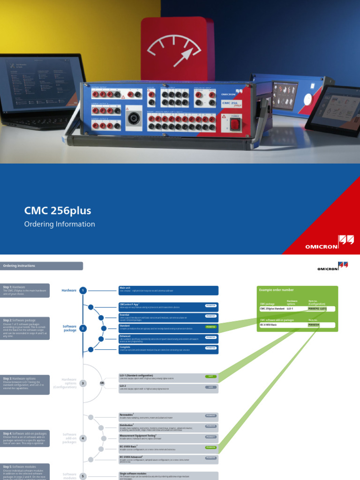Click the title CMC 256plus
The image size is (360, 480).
point(58,210)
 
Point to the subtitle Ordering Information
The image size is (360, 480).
point(60,224)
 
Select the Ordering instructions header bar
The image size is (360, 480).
point(42,266)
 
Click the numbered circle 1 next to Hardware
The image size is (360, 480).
point(83,291)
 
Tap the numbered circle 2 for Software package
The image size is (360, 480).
point(83,328)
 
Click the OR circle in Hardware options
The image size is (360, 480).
point(102,383)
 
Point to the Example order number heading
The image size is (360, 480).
point(277,290)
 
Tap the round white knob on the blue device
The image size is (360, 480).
point(307,99)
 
